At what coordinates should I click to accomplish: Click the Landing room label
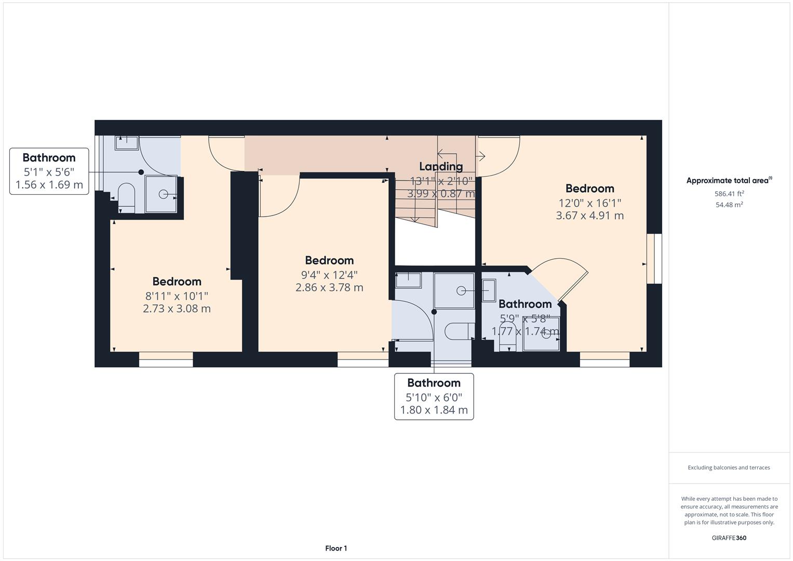point(441,166)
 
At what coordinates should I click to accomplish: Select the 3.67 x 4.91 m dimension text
point(589,216)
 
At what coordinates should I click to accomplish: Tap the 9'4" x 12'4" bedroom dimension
point(329,274)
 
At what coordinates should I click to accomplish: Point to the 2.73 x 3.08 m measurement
point(177,309)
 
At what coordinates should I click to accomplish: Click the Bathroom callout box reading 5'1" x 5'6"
point(49,171)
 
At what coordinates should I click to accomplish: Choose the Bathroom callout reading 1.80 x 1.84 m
point(434,396)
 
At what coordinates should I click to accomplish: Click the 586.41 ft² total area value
point(729,194)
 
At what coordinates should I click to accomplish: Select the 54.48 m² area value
point(729,205)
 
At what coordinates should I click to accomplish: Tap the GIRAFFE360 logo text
point(729,538)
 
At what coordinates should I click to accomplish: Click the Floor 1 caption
point(336,548)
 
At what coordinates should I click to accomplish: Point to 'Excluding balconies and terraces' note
point(729,468)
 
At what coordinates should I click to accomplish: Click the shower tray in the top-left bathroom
point(162,194)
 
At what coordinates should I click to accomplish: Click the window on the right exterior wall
point(654,259)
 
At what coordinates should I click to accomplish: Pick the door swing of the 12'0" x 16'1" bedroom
point(499,156)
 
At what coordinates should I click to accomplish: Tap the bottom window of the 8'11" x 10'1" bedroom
point(166,359)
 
